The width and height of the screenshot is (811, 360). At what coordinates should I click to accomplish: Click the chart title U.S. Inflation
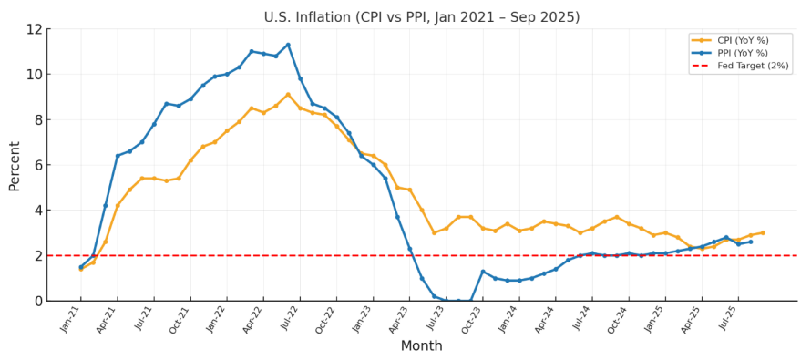[421, 17]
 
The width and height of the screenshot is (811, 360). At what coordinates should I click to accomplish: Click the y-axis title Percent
[15, 165]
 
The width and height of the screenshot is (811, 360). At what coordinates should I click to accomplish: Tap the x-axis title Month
[421, 346]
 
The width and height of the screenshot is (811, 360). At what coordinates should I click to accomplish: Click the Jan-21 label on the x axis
[72, 320]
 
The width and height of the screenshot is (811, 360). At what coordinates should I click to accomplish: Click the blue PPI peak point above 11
[288, 45]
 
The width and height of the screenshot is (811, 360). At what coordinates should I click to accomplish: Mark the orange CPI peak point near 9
[288, 95]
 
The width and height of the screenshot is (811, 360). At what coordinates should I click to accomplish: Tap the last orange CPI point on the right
[763, 232]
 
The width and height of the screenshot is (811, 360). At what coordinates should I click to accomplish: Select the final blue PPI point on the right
[751, 242]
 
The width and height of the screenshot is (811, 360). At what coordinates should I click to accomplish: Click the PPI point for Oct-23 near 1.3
[483, 272]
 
